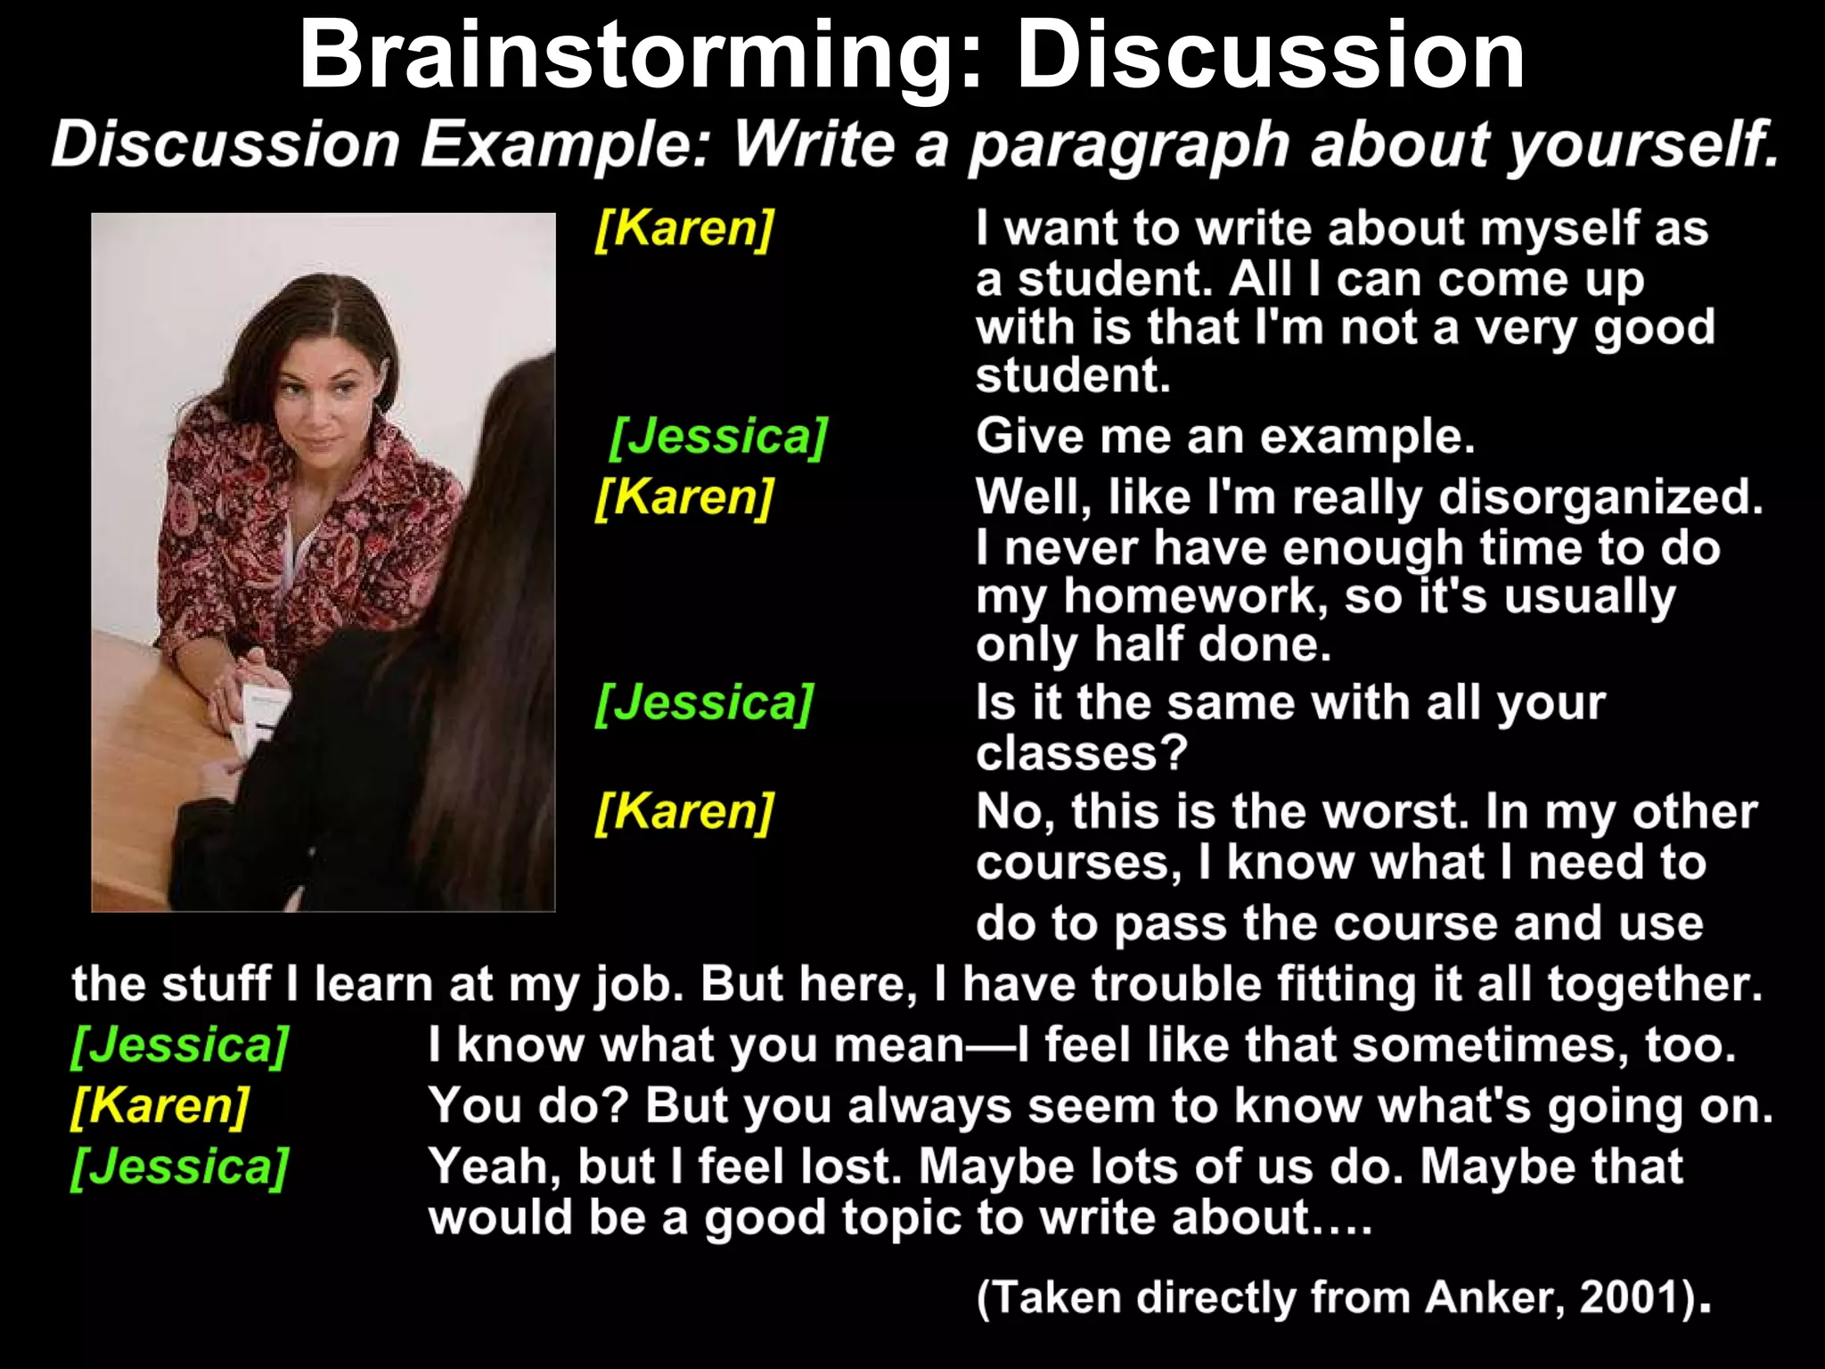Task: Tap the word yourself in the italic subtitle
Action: click(1641, 144)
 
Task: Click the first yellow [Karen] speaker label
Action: click(684, 228)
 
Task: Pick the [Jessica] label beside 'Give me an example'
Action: click(719, 436)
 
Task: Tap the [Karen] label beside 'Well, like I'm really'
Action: click(684, 496)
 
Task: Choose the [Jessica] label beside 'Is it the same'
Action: click(704, 702)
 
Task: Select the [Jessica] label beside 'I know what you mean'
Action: click(180, 1045)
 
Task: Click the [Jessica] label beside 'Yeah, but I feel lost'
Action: click(180, 1166)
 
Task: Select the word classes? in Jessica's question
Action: click(1082, 753)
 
